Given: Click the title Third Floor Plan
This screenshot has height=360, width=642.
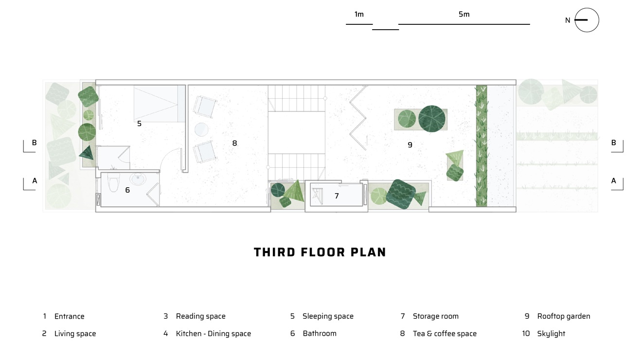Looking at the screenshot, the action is pyautogui.click(x=320, y=252).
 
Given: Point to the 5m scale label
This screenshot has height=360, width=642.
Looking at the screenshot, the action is pyautogui.click(x=464, y=14).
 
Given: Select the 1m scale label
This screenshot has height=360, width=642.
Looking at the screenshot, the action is pyautogui.click(x=359, y=14).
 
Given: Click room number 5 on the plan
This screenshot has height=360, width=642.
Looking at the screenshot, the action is pyautogui.click(x=139, y=124).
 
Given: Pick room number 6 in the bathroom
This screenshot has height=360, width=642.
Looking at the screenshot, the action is pyautogui.click(x=127, y=190).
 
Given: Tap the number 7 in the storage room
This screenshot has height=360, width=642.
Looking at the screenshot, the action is pyautogui.click(x=337, y=196).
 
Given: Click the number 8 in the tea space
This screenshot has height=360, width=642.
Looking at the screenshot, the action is pyautogui.click(x=234, y=144).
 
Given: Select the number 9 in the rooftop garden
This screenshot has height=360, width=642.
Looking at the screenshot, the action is pyautogui.click(x=410, y=145).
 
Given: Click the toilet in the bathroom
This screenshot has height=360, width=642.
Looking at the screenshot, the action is pyautogui.click(x=113, y=182).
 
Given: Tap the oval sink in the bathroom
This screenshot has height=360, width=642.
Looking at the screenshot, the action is pyautogui.click(x=138, y=180).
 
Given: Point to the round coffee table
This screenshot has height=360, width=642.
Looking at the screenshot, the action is pyautogui.click(x=201, y=129).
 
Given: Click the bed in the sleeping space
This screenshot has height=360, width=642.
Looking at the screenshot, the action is pyautogui.click(x=160, y=104).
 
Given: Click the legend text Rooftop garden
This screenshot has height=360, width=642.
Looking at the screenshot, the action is pyautogui.click(x=564, y=316).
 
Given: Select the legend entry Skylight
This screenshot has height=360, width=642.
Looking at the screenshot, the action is pyautogui.click(x=551, y=334).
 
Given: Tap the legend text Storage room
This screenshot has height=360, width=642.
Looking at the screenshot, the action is pyautogui.click(x=436, y=316).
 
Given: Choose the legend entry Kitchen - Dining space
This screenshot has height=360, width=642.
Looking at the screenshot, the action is pyautogui.click(x=213, y=334).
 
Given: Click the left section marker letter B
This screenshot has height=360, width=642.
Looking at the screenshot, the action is pyautogui.click(x=34, y=143).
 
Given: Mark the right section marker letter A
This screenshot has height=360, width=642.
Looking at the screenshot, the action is pyautogui.click(x=614, y=181).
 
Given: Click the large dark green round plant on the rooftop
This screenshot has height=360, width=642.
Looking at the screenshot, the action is pyautogui.click(x=432, y=119).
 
